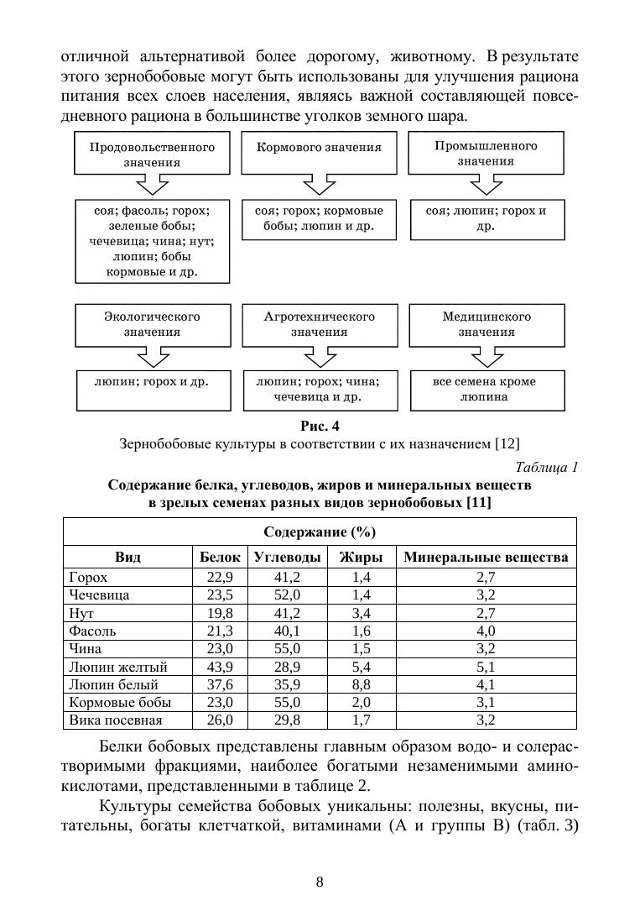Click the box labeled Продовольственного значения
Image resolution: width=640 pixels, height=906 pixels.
coord(152,154)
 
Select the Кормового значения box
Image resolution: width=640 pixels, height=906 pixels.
coord(319,148)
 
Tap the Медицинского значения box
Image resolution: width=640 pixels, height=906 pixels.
coord(487,324)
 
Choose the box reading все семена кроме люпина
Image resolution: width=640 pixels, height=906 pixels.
coord(487,389)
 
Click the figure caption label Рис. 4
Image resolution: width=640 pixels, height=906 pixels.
coord(320,425)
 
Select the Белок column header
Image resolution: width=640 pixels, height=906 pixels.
coord(221,557)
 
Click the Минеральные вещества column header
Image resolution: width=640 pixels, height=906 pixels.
coord(487,557)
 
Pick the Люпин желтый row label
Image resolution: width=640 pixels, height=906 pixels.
coord(118,667)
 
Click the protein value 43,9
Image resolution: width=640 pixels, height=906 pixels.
coord(220,667)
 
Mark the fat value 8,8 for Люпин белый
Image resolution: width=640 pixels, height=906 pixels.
coord(362,684)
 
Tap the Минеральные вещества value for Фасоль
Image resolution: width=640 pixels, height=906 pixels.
coord(487,631)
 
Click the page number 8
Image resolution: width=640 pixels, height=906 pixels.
coord(320,882)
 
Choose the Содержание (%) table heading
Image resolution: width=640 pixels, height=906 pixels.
coord(320,532)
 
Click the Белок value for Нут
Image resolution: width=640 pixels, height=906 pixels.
coord(220,613)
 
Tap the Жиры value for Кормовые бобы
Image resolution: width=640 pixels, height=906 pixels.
coord(362,702)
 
